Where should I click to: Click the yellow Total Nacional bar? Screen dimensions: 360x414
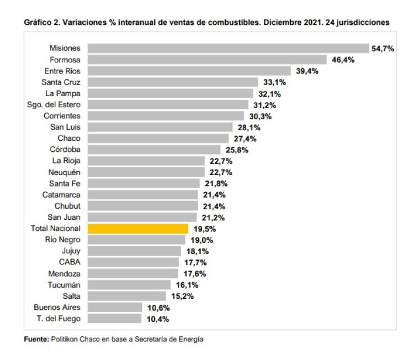pyautogui.click(x=138, y=229)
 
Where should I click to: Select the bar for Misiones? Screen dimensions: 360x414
pyautogui.click(x=229, y=49)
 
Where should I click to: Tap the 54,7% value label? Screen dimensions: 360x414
pyautogui.click(x=383, y=49)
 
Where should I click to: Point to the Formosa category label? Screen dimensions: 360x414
pyautogui.click(x=65, y=60)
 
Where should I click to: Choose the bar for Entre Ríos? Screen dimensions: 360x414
pyautogui.click(x=189, y=71)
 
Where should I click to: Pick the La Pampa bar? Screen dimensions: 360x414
pyautogui.click(x=171, y=93)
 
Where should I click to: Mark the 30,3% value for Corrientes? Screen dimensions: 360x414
pyautogui.click(x=259, y=116)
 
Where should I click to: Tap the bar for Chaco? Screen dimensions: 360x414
pyautogui.click(x=158, y=139)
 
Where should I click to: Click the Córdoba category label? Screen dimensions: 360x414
pyautogui.click(x=65, y=150)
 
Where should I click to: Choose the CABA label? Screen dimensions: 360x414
pyautogui.click(x=70, y=262)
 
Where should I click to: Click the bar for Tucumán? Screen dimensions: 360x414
pyautogui.click(x=130, y=285)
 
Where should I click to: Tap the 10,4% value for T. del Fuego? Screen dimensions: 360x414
pyautogui.click(x=158, y=319)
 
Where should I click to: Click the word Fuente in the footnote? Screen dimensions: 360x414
pyautogui.click(x=35, y=340)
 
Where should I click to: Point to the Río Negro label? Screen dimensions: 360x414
pyautogui.click(x=62, y=240)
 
